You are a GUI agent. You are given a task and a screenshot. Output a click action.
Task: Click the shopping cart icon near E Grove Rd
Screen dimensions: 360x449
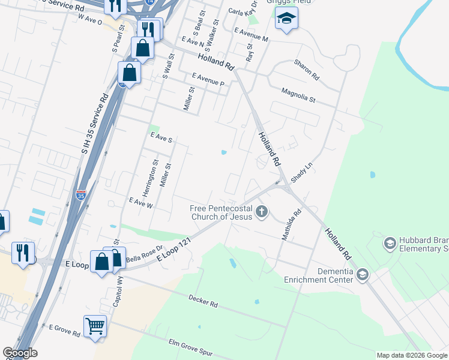tap(95, 327)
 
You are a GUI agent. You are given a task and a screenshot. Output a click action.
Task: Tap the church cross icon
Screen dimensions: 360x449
tap(261, 211)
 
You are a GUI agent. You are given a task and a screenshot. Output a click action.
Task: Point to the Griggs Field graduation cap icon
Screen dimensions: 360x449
tap(286, 19)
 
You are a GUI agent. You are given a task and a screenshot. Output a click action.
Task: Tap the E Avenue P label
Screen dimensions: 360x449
tap(208, 80)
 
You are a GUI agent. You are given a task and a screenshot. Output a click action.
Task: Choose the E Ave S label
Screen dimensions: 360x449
tap(161, 138)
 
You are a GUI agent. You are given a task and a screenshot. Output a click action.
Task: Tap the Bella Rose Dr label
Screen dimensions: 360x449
tap(144, 252)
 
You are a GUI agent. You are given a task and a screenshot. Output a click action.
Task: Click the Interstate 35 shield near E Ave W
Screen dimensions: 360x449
tap(81, 195)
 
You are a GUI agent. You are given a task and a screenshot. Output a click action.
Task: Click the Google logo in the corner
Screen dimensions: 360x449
tap(20, 353)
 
